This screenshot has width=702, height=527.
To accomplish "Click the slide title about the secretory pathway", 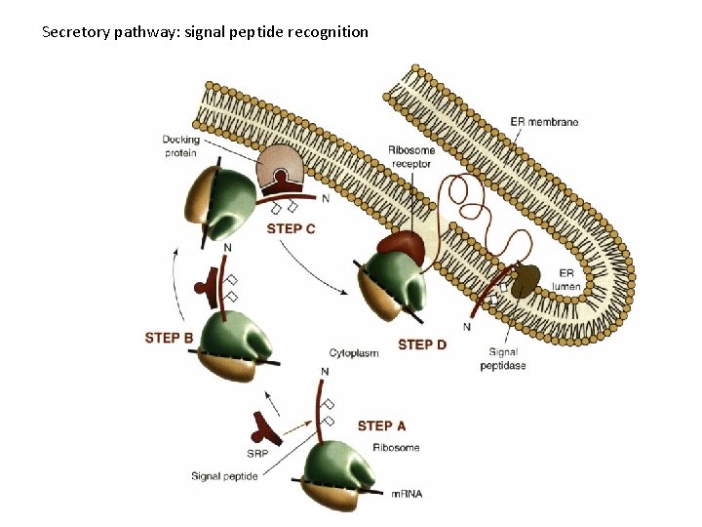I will pos(206,32).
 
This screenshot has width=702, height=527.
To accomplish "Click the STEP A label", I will pos(381,426).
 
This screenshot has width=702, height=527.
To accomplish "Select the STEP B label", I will pos(169,338).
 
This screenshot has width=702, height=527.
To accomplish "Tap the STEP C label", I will pos(291,228).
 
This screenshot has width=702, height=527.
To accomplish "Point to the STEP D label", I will pos(422,345).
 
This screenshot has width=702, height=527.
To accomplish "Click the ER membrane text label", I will pos(544,122).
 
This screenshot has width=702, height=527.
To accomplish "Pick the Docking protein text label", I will pos(180,146).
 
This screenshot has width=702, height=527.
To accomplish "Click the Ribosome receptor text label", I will pos(411,157).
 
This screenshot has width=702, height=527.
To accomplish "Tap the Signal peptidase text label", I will pos(503,359).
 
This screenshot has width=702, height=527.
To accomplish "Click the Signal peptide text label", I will pos(225,476).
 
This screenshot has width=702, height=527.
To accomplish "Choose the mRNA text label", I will pos(407,494).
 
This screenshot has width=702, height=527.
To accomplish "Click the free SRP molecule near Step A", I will pos(264,423).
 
